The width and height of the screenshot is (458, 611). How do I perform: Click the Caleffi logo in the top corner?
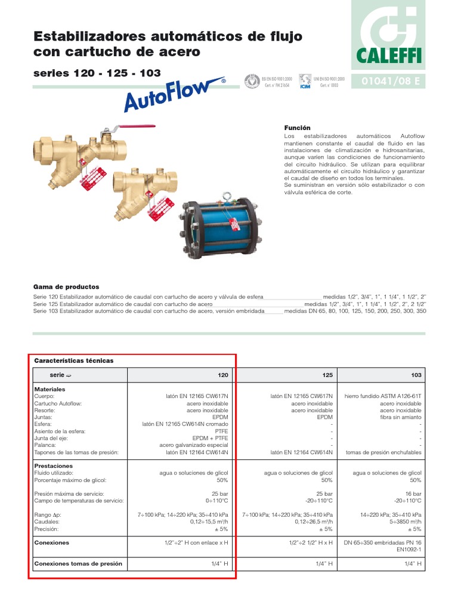(x=388, y=35)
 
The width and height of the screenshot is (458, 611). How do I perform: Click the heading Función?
(x=298, y=128)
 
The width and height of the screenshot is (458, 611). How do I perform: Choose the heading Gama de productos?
(x=66, y=287)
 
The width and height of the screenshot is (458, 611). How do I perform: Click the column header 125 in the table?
(x=327, y=375)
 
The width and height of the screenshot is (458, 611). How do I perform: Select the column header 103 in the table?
(x=416, y=375)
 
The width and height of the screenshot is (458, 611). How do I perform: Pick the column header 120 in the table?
(x=222, y=375)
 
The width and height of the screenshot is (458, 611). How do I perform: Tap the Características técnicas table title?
(x=74, y=360)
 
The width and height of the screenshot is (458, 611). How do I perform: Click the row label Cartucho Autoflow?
(x=58, y=404)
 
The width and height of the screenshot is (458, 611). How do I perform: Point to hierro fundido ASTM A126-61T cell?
(x=383, y=396)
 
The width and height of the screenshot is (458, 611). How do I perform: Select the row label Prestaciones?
(x=54, y=466)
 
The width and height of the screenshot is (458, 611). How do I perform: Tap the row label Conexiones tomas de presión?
(x=78, y=563)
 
